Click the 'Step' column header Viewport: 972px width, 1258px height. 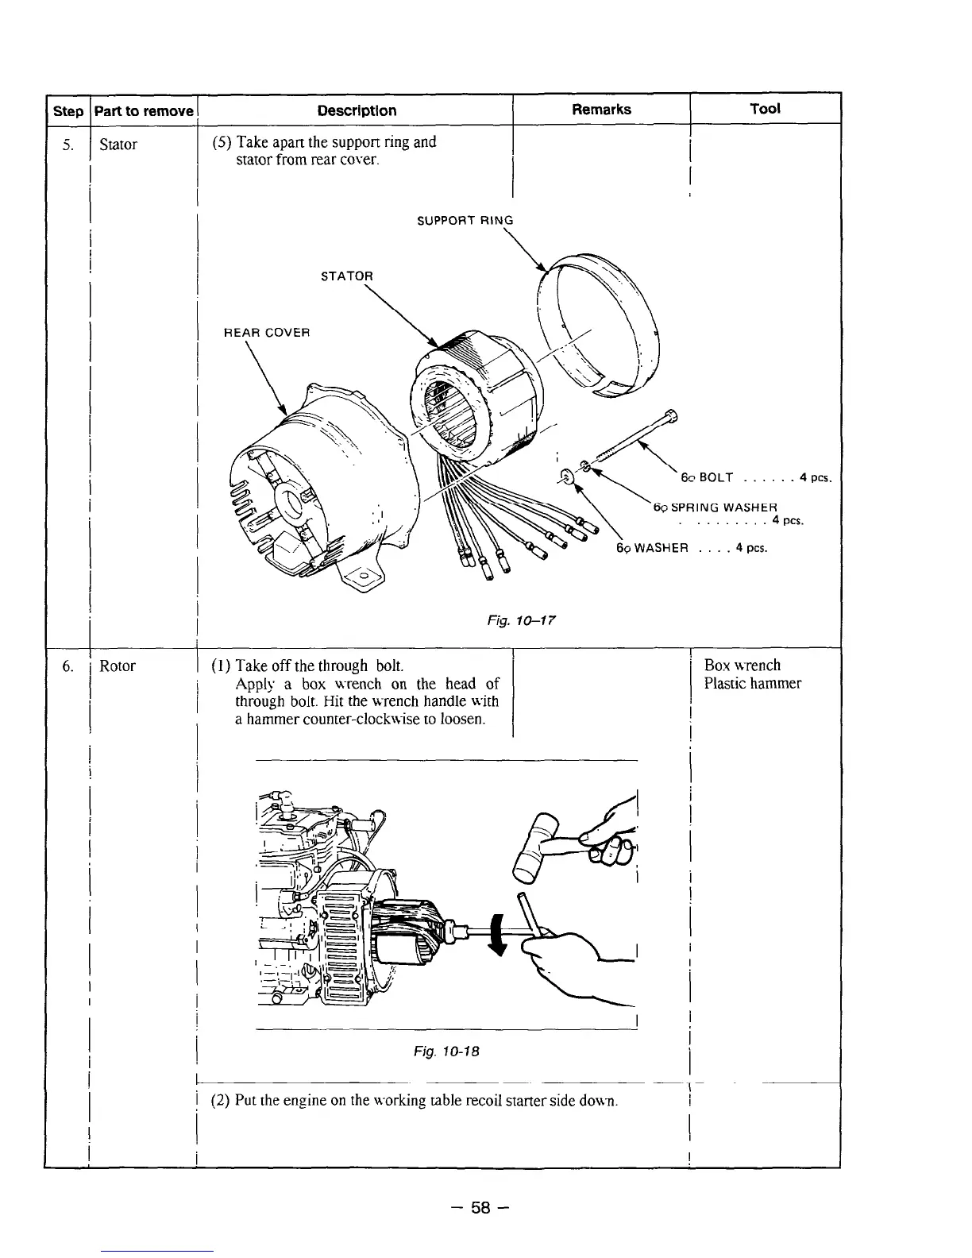point(67,111)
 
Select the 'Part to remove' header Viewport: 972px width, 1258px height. point(144,111)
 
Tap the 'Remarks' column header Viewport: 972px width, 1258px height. point(601,110)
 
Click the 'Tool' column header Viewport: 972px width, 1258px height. point(765,109)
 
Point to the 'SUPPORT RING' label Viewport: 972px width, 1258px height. point(465,221)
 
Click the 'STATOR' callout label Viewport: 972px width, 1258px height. point(346,276)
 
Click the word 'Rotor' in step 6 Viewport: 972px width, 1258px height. point(118,666)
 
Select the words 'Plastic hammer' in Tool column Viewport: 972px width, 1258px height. point(752,684)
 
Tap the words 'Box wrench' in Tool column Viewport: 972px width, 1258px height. point(742,666)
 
